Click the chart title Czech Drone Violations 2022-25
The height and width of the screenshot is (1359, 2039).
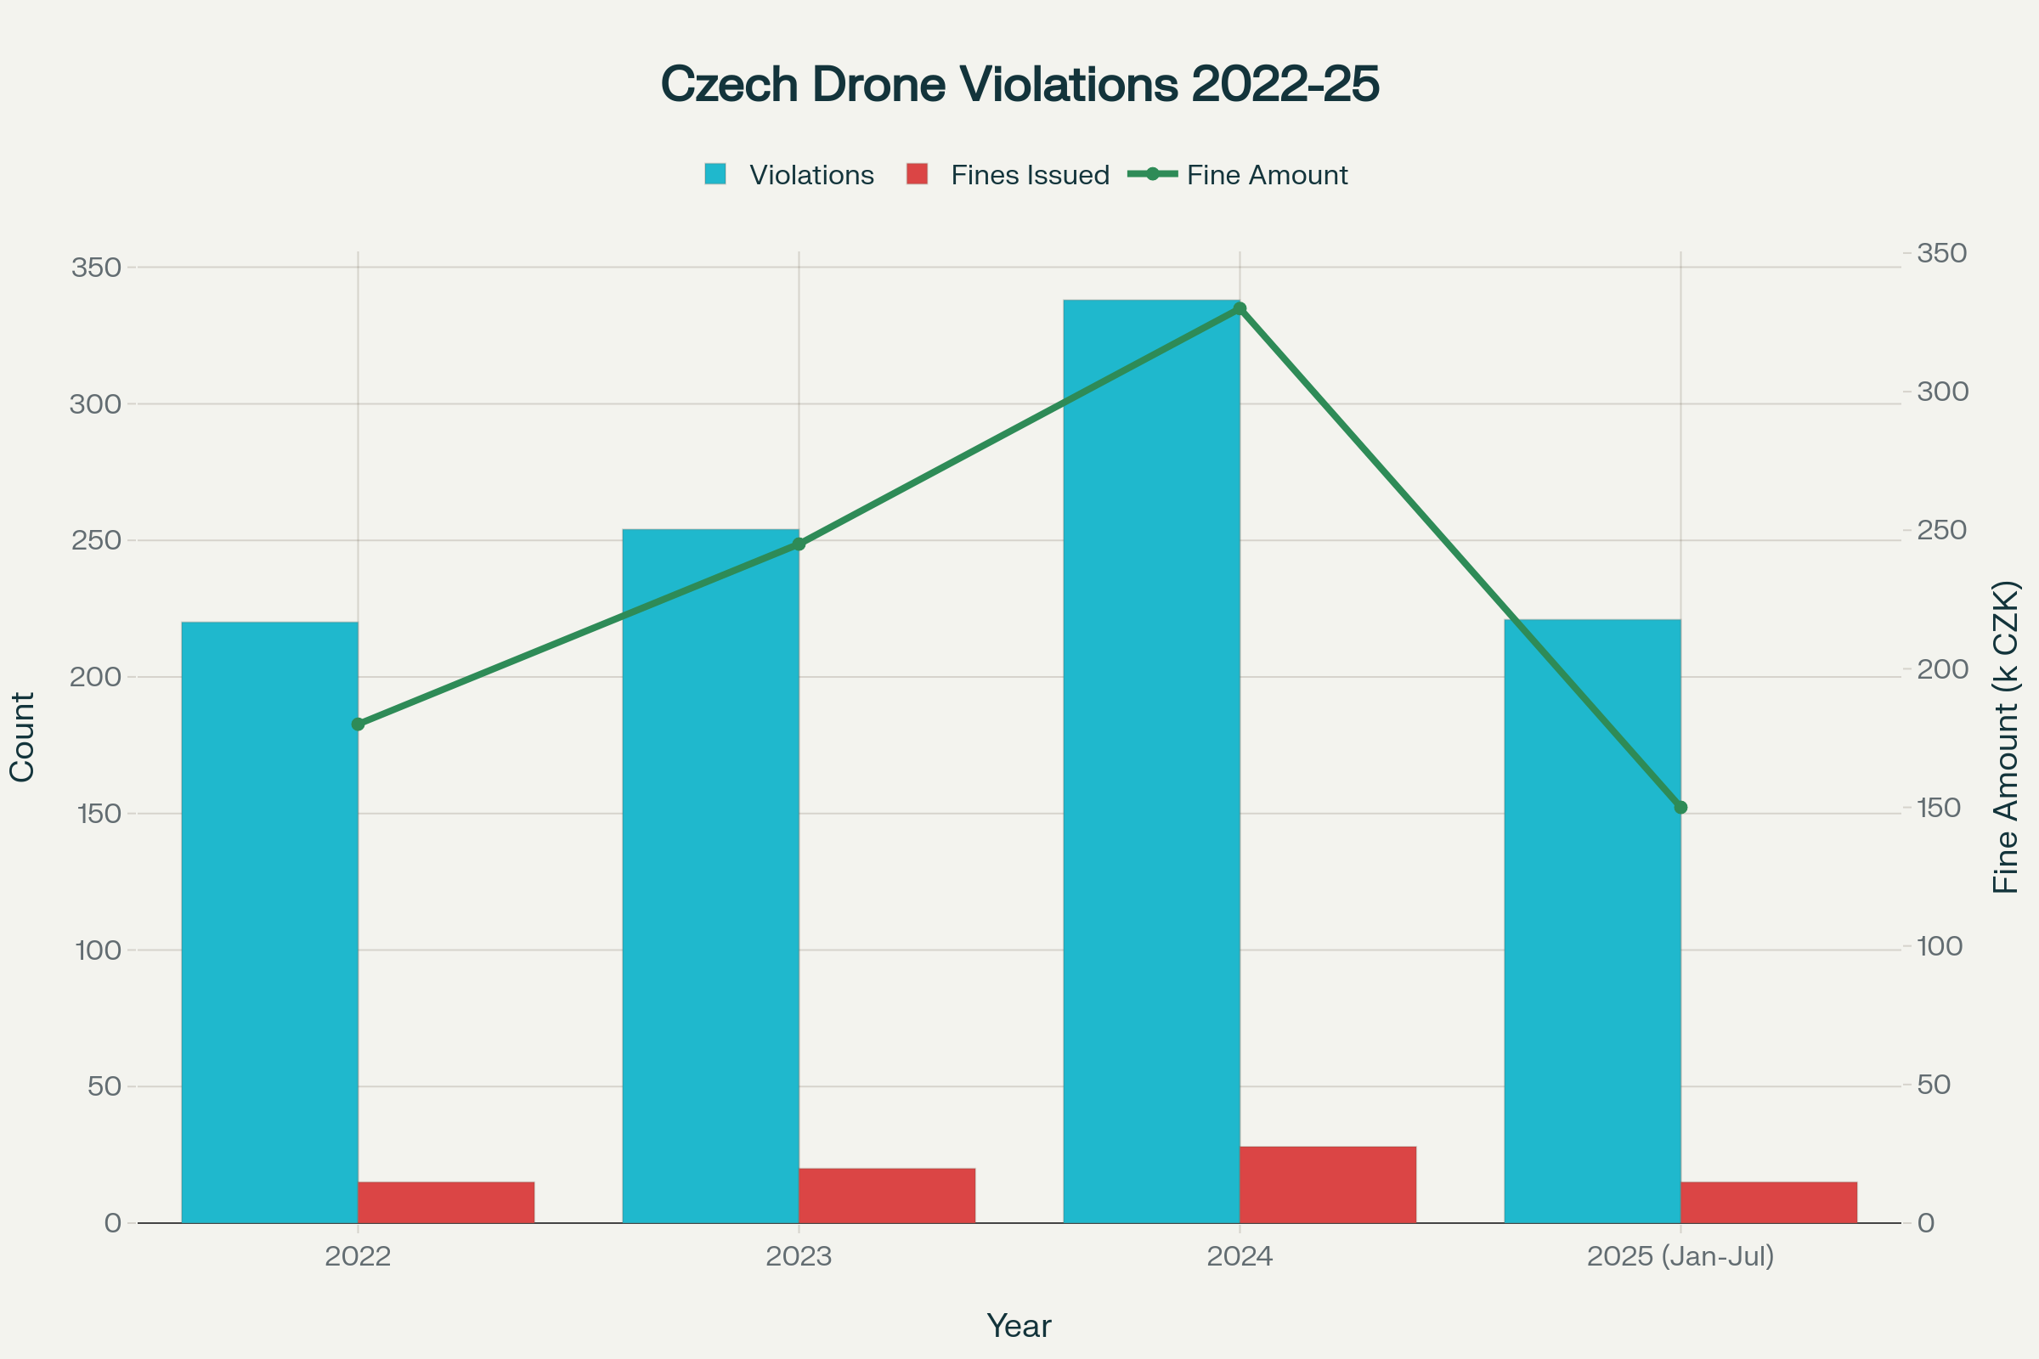(1019, 85)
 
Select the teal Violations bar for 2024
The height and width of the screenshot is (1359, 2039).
(1151, 762)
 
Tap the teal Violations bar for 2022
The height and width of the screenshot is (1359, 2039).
(269, 922)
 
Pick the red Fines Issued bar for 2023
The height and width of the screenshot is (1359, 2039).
(887, 1196)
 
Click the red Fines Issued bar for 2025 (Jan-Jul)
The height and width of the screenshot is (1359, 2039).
(1769, 1202)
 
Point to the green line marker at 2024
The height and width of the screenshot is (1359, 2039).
(1240, 308)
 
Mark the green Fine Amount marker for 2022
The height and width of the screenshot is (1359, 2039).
(358, 724)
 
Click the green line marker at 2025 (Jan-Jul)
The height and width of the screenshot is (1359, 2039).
(1681, 807)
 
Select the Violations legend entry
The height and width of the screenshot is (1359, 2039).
(789, 175)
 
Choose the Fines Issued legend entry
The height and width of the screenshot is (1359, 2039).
(1008, 175)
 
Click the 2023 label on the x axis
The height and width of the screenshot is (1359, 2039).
(799, 1256)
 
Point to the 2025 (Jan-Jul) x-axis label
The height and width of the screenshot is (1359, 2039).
(1680, 1256)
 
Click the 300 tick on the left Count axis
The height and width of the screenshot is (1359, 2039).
(95, 404)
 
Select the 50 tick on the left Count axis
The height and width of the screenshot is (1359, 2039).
(104, 1086)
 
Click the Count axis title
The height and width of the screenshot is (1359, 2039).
(23, 736)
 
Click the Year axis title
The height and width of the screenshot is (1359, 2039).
(1019, 1326)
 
